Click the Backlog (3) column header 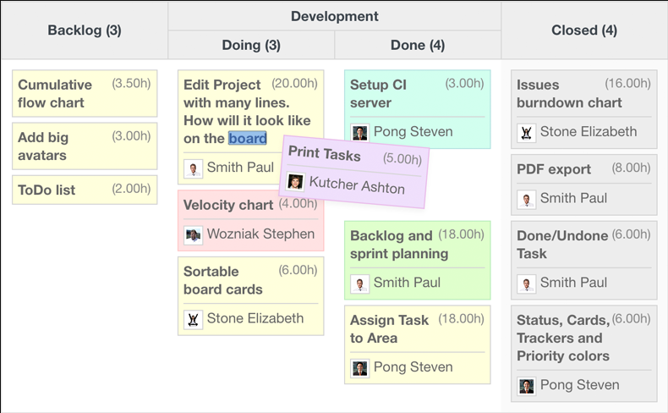click(85, 30)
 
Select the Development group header click(335, 16)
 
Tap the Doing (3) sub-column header click(251, 45)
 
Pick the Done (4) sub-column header click(418, 45)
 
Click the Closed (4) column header click(584, 30)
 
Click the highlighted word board click(248, 138)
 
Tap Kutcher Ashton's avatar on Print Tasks click(295, 181)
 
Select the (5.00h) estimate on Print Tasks click(402, 159)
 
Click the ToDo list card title click(47, 190)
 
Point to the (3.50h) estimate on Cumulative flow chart click(131, 83)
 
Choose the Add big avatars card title click(43, 146)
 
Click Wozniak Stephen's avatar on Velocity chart click(193, 234)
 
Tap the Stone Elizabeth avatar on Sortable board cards click(193, 319)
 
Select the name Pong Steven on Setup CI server click(413, 132)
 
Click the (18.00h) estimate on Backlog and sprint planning click(461, 234)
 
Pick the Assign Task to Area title click(389, 329)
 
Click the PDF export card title click(553, 169)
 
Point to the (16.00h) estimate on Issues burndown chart click(627, 83)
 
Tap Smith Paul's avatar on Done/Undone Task click(526, 284)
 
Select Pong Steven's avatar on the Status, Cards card click(526, 386)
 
